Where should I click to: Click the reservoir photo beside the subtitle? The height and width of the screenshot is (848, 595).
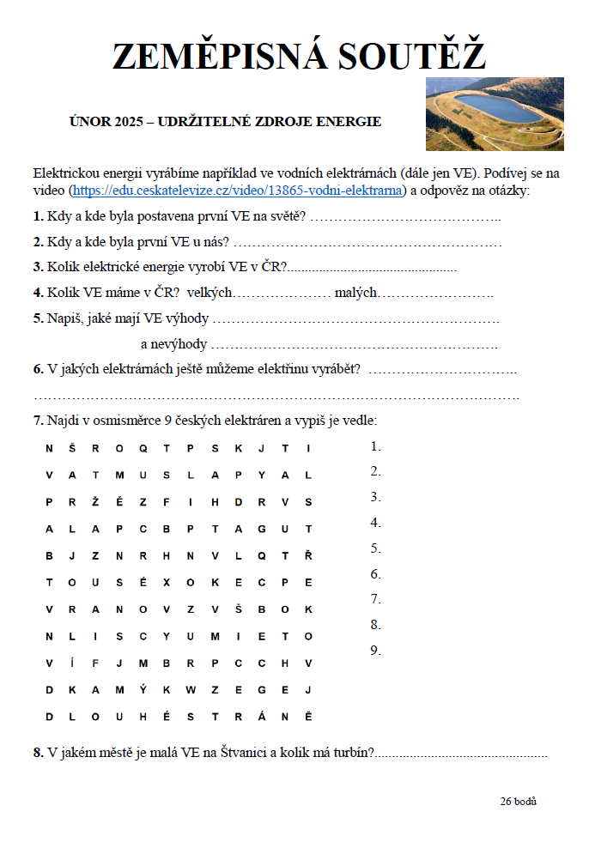pyautogui.click(x=495, y=114)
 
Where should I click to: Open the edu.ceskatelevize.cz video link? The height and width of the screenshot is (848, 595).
pyautogui.click(x=237, y=190)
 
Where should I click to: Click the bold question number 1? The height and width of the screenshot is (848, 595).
pyautogui.click(x=38, y=215)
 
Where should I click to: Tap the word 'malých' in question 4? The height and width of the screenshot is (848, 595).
pyautogui.click(x=355, y=293)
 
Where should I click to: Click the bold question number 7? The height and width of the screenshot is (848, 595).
pyautogui.click(x=38, y=421)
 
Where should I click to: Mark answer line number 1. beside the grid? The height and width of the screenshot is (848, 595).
pyautogui.click(x=375, y=446)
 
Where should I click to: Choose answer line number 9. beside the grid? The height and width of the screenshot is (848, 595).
pyautogui.click(x=375, y=651)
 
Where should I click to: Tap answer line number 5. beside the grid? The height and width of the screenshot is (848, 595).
pyautogui.click(x=375, y=548)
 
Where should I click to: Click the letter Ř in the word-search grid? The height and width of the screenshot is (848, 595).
pyautogui.click(x=308, y=554)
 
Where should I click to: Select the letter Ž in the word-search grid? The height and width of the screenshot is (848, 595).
pyautogui.click(x=95, y=501)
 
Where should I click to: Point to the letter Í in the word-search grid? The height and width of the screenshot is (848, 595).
pyautogui.click(x=72, y=662)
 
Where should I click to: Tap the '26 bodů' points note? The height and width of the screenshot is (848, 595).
pyautogui.click(x=518, y=801)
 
